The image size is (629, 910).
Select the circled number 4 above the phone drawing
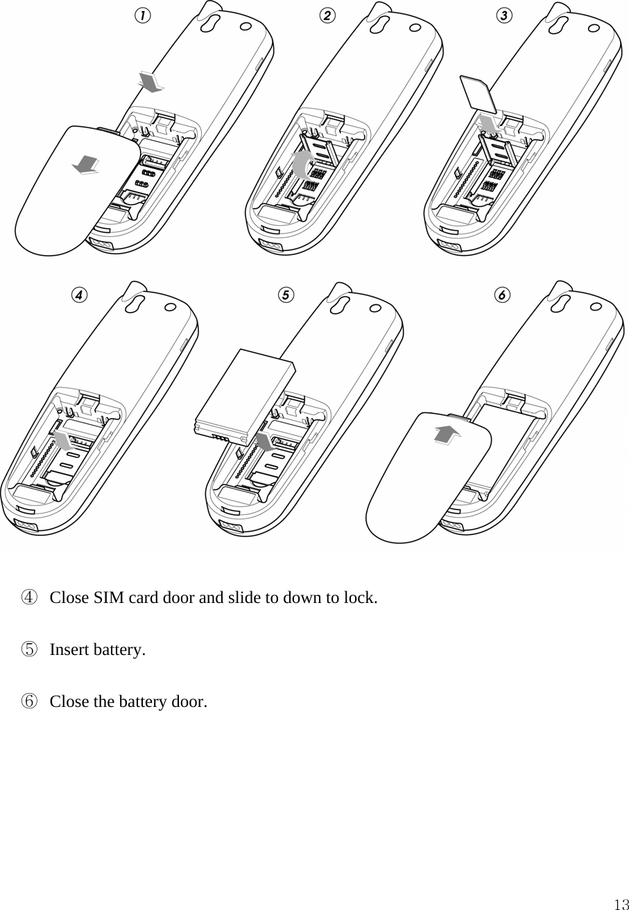point(80,295)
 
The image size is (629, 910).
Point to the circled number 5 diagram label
point(285,295)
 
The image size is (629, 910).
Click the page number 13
point(620,904)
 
